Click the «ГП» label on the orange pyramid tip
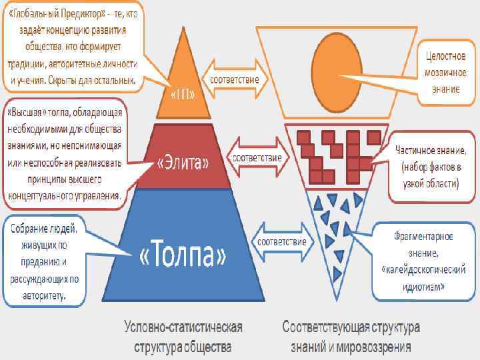click(x=185, y=95)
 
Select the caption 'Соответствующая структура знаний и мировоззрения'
click(x=351, y=337)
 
